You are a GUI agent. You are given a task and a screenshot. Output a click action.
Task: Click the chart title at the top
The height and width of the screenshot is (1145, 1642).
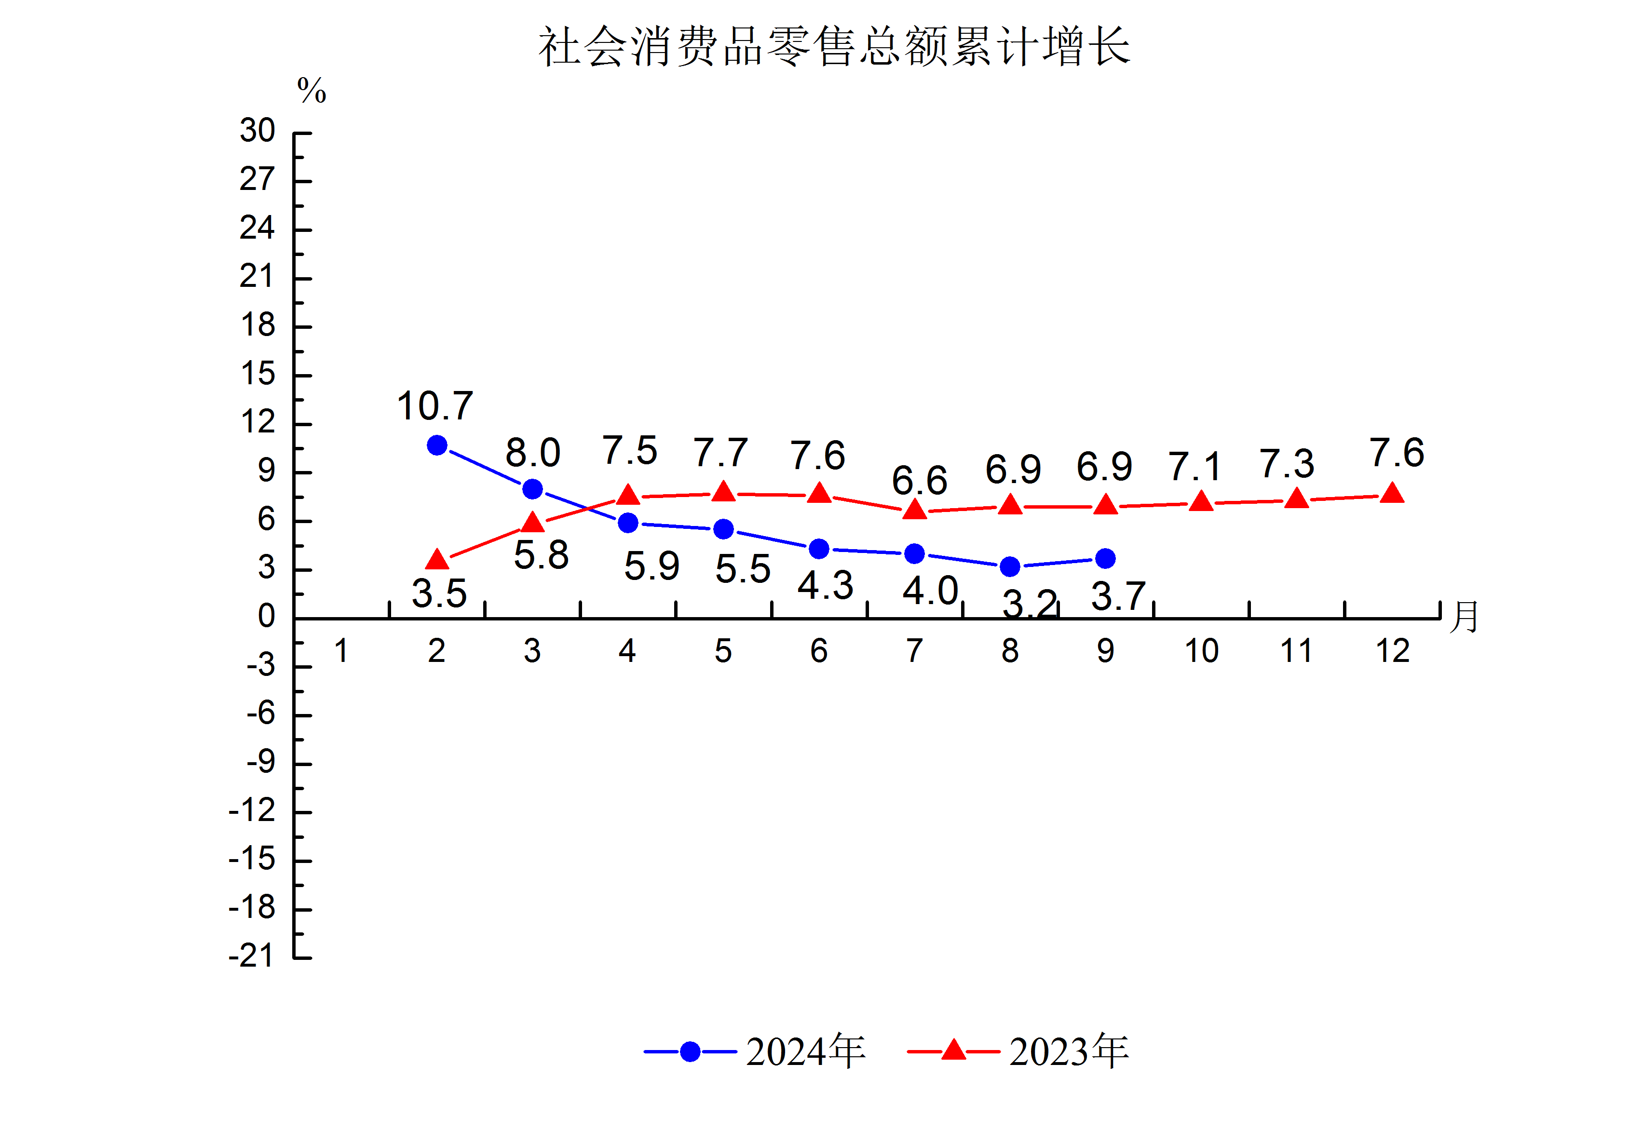pos(833,47)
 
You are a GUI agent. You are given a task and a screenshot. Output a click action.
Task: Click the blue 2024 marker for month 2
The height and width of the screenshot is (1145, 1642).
pos(437,445)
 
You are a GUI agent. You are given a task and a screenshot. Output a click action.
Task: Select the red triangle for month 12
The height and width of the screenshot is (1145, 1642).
pos(1392,494)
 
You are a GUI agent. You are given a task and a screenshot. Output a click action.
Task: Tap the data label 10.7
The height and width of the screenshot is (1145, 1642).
pos(435,406)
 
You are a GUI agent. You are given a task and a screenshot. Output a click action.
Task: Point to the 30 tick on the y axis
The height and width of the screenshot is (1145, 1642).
pos(258,131)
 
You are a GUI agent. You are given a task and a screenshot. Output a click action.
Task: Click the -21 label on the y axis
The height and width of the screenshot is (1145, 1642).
pos(251,956)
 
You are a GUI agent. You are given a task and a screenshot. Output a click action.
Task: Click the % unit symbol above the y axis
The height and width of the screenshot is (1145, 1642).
pos(312,91)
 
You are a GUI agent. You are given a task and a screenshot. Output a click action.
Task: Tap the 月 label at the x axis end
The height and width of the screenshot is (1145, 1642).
pos(1464,617)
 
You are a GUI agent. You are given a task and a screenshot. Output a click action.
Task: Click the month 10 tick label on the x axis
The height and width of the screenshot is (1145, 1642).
pos(1201,651)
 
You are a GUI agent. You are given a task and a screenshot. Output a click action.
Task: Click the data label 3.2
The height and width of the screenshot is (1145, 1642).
pos(1030,605)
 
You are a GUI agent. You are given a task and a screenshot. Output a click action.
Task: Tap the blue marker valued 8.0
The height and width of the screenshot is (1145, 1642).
pos(532,489)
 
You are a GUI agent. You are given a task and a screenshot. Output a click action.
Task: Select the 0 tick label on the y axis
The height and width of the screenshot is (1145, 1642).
pos(267,617)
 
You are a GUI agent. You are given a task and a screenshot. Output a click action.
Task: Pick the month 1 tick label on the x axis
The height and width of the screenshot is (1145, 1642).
pos(341,651)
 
